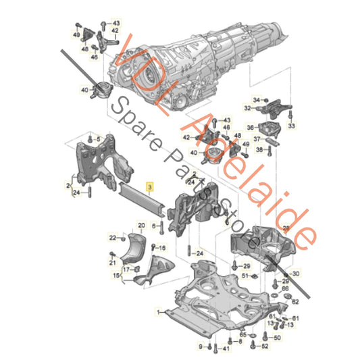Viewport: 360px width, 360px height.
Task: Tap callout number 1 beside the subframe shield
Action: click(x=160, y=312)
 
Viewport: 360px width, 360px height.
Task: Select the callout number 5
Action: click(x=99, y=139)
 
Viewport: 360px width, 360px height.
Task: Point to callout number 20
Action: click(x=141, y=224)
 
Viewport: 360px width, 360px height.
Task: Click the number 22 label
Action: click(x=113, y=236)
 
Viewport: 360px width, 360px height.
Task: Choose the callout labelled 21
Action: click(x=113, y=263)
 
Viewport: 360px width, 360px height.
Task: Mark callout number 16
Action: click(x=162, y=249)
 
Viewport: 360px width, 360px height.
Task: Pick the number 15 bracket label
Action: click(x=115, y=276)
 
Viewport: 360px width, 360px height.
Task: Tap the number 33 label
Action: click(x=292, y=126)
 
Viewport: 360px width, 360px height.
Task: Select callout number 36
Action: click(x=249, y=128)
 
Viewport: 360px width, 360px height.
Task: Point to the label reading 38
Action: click(x=259, y=151)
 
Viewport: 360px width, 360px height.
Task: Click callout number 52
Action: click(x=264, y=346)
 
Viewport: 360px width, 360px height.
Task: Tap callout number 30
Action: click(x=296, y=273)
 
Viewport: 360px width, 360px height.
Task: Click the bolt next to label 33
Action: click(x=292, y=115)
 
